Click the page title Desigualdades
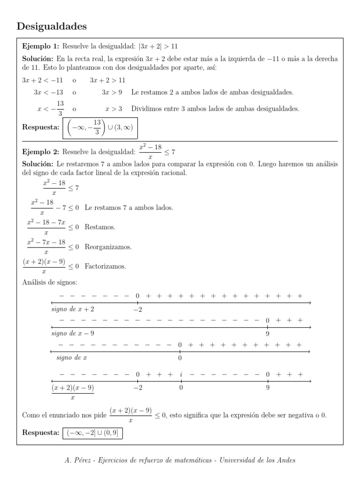pyautogui.click(x=52, y=27)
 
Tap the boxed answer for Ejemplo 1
pyautogui.click(x=100, y=127)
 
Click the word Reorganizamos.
pyautogui.click(x=108, y=247)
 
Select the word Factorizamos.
pyautogui.click(x=105, y=266)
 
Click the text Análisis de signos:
pyautogui.click(x=50, y=282)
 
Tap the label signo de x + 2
pyautogui.click(x=73, y=309)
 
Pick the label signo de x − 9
pyautogui.click(x=73, y=333)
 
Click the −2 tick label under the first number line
pyautogui.click(x=137, y=309)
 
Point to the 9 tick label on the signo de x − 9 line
pyautogui.click(x=267, y=334)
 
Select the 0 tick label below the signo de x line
pyautogui.click(x=180, y=358)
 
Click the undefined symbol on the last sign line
pyautogui.click(x=180, y=375)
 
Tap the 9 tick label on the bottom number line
pyautogui.click(x=267, y=388)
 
